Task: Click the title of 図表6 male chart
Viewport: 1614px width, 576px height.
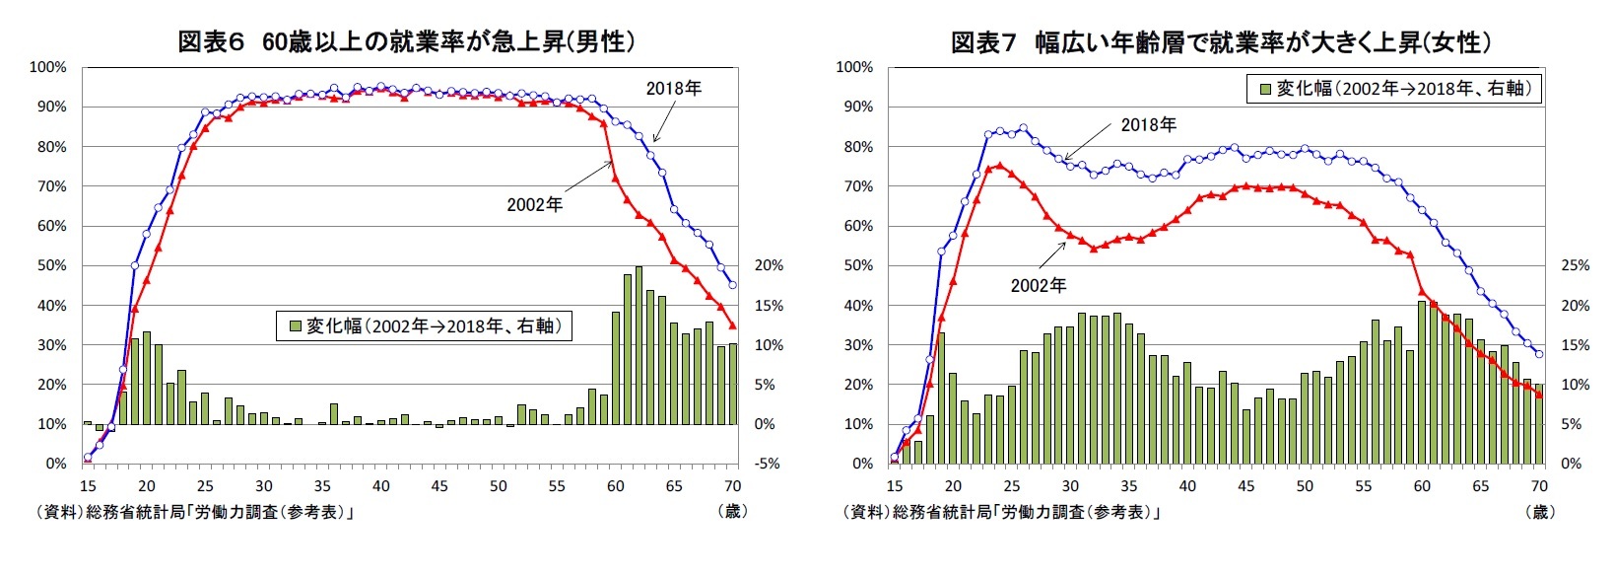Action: [406, 41]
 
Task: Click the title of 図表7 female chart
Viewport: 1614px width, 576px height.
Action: [1220, 41]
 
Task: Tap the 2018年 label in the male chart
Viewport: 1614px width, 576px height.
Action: [673, 89]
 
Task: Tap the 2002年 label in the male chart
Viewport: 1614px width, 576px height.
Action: [534, 204]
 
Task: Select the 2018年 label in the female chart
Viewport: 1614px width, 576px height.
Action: [1148, 125]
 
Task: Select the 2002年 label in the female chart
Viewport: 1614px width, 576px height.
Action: [1038, 285]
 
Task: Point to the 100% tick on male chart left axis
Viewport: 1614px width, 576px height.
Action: [48, 67]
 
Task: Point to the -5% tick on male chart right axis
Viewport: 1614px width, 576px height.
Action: [767, 464]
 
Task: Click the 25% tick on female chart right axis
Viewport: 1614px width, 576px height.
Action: [1576, 265]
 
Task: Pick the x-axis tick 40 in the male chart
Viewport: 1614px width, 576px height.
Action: [380, 485]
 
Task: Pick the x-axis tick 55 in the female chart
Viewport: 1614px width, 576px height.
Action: [1363, 485]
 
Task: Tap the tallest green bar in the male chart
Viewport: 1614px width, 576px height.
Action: [639, 345]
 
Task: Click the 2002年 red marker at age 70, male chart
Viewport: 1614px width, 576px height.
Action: [732, 325]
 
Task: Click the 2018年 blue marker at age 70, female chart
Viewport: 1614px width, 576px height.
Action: [1539, 354]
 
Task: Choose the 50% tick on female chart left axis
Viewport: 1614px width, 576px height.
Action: [854, 265]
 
